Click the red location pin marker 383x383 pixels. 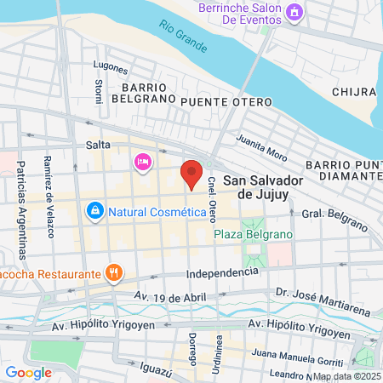(x=191, y=174)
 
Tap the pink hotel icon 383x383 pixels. (x=141, y=161)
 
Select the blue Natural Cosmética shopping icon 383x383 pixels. (x=94, y=209)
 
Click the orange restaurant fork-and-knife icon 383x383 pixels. (x=114, y=273)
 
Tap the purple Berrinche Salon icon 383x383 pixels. (x=294, y=13)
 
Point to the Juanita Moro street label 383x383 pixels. (x=262, y=148)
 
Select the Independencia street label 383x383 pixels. (x=221, y=272)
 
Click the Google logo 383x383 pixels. (x=28, y=372)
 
